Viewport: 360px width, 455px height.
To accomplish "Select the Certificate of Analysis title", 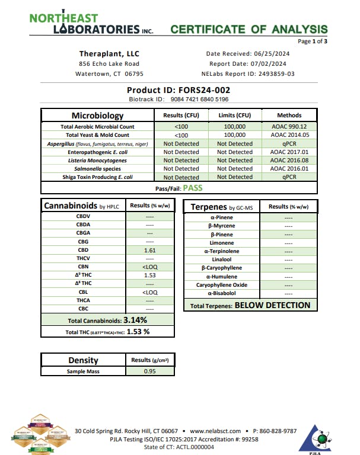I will point(249,29).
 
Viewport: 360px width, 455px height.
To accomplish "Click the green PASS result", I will point(192,188).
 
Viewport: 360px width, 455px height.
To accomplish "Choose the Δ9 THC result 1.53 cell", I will point(149,275).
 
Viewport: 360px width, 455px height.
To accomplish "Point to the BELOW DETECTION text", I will point(272,306).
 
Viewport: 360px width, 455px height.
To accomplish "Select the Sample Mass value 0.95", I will point(149,371).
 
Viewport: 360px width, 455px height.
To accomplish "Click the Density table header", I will point(83,360).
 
